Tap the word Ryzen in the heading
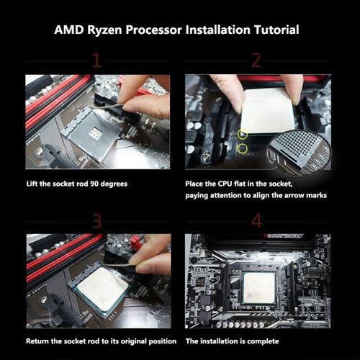coord(105,30)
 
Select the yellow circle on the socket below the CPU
coord(243,149)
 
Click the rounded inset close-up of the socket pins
coord(299,150)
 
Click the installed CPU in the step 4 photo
coord(258,287)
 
